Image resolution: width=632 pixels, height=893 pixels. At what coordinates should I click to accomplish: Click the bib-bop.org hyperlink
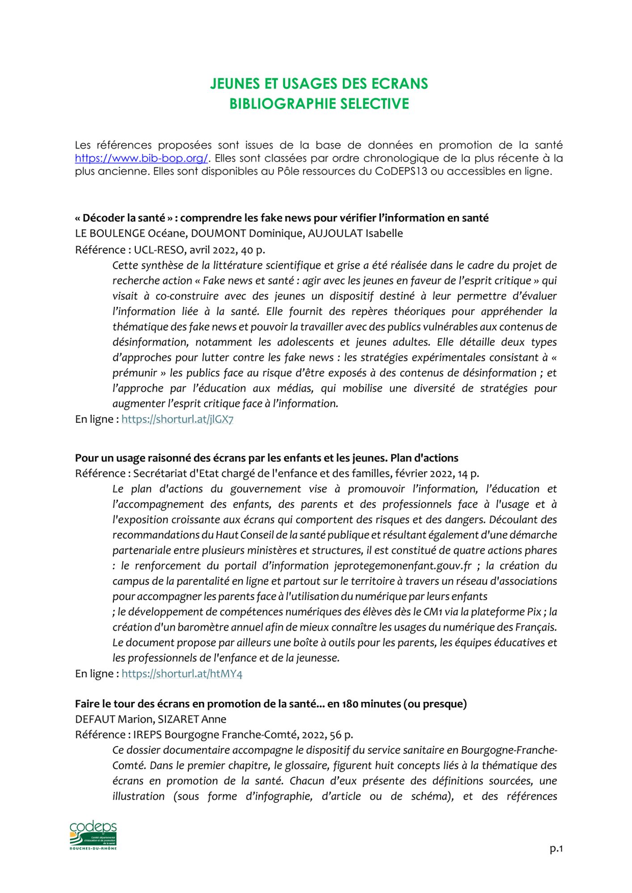[141, 158]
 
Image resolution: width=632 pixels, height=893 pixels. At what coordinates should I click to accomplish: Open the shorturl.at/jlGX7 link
[177, 419]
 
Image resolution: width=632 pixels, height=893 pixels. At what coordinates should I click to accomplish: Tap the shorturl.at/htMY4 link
[181, 674]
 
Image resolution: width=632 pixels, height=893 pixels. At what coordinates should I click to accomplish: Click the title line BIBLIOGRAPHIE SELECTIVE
[319, 104]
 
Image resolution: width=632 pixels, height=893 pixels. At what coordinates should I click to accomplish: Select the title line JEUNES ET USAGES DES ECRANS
[319, 83]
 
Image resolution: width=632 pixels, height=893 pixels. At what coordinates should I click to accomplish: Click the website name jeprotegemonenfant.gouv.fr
[403, 566]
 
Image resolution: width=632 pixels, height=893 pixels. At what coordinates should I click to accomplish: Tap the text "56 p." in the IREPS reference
[341, 735]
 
